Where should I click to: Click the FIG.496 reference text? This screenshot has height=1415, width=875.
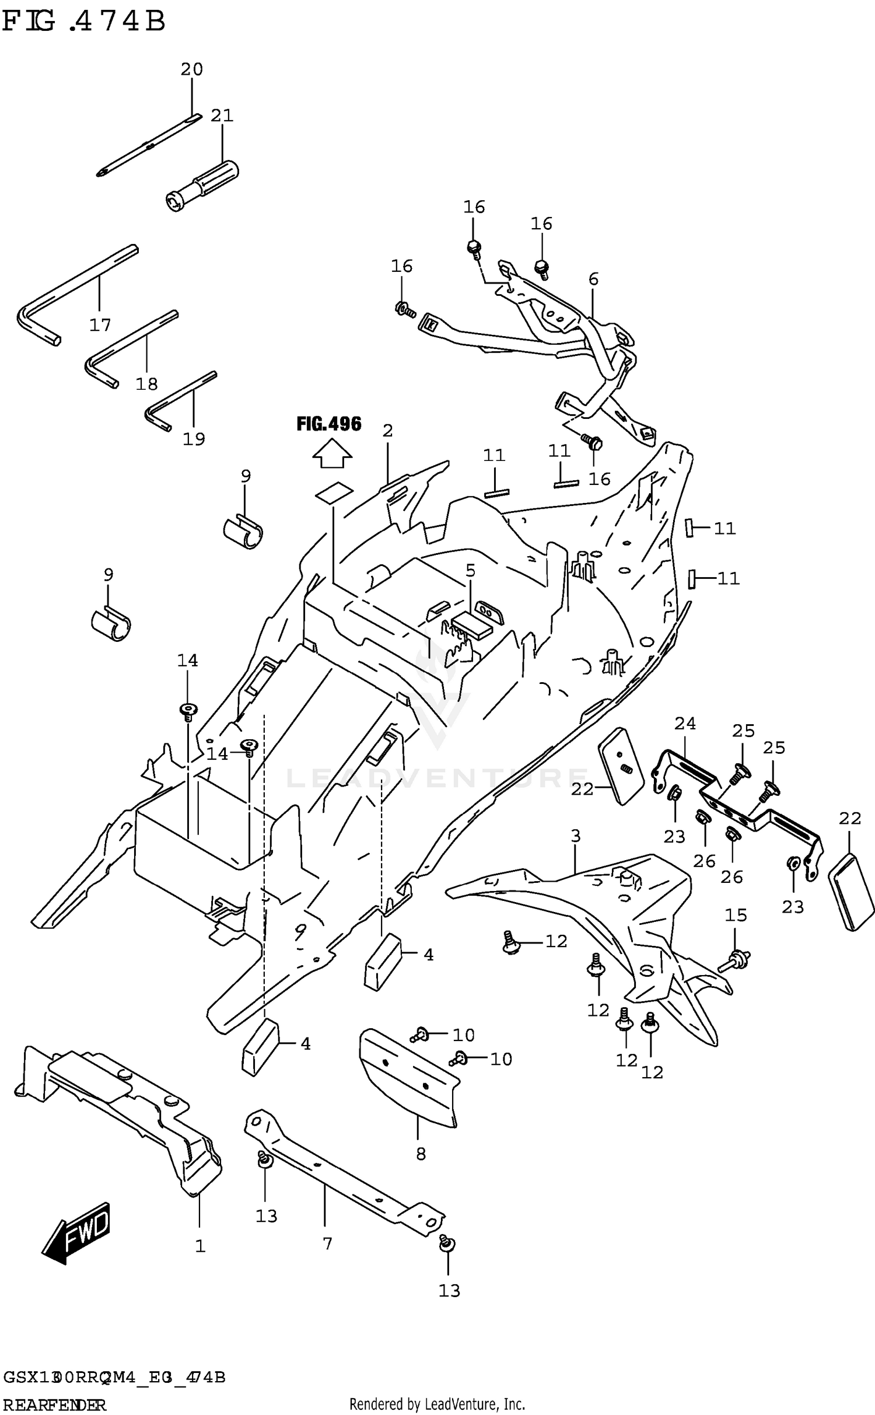(328, 424)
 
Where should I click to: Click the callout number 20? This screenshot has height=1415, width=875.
(191, 69)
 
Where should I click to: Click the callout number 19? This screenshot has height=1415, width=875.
(194, 439)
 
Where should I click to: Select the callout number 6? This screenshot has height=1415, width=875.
(593, 279)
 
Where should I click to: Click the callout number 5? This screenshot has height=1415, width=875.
(470, 570)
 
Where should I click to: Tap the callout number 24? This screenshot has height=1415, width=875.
(685, 724)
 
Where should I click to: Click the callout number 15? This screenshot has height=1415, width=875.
(736, 915)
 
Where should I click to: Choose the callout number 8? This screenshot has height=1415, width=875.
(421, 1154)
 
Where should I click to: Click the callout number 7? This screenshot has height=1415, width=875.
(327, 1243)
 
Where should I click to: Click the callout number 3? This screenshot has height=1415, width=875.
(576, 836)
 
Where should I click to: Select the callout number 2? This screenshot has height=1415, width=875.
(387, 431)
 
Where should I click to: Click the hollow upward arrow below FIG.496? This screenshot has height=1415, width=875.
(332, 455)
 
